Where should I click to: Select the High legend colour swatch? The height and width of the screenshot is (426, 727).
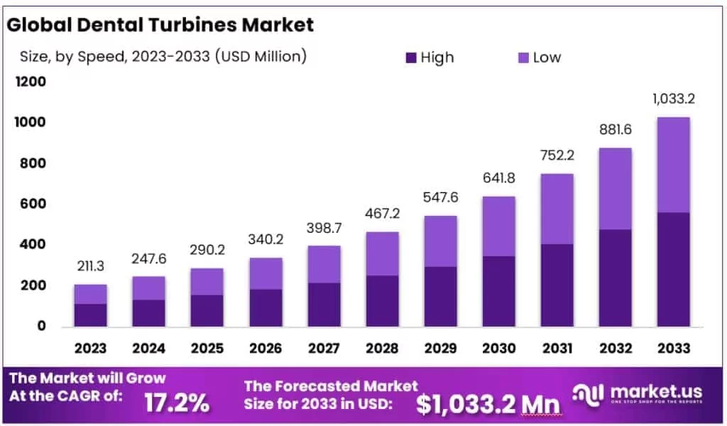pos(411,58)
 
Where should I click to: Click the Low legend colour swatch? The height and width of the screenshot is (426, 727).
pos(523,58)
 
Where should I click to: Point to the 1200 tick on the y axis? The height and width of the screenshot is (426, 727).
pos(31,82)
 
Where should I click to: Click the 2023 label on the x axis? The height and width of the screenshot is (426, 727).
pos(90,348)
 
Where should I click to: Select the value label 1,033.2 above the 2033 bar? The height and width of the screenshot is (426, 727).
pos(672,99)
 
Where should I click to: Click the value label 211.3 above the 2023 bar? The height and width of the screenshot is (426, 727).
pos(90,267)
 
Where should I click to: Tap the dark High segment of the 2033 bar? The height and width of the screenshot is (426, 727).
pos(672,270)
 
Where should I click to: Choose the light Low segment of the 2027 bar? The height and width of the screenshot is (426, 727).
pos(323,264)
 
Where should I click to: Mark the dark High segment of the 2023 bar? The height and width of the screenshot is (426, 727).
pos(90,315)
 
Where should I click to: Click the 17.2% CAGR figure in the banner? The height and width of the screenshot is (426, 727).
pos(177,403)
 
